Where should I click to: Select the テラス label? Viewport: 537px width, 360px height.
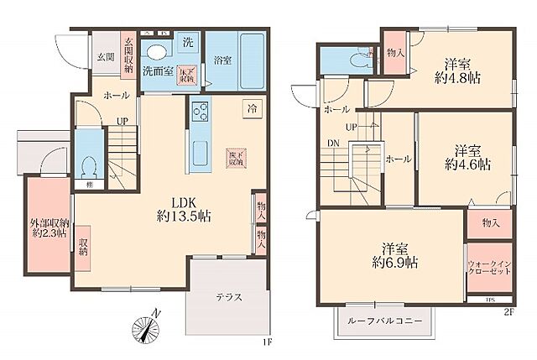coord(228,297)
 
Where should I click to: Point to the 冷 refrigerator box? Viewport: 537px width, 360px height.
coord(251,107)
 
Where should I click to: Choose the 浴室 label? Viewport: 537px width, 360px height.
coord(222,61)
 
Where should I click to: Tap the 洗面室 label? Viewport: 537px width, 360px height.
coord(157,71)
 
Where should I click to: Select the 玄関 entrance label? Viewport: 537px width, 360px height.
coord(105,56)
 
